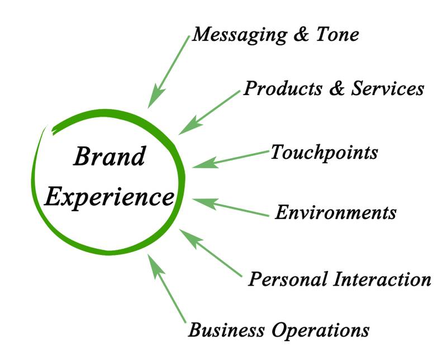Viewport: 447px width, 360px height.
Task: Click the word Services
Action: [x=387, y=88]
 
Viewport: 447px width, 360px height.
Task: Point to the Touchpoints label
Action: [x=324, y=152]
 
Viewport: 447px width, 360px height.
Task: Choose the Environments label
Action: [x=335, y=212]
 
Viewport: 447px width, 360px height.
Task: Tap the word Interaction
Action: [x=381, y=279]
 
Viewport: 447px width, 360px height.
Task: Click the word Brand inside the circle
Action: [x=109, y=157]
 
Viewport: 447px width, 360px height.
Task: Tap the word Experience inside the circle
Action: [x=109, y=196]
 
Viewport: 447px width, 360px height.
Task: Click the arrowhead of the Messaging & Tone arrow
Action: [x=155, y=98]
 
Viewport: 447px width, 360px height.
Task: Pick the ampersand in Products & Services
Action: [x=337, y=88]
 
